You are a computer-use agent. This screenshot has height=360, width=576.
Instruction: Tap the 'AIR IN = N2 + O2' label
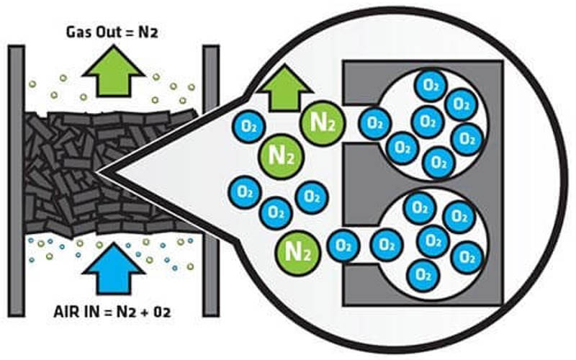114,315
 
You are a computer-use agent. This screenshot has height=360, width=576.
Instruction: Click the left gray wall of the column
16,180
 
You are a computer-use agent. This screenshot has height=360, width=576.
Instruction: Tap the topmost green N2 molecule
320,123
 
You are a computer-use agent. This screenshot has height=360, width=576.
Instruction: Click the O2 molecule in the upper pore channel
374,123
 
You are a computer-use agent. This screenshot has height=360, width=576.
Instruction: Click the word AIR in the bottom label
70,315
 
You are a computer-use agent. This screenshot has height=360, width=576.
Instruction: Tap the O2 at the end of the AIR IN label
163,315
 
